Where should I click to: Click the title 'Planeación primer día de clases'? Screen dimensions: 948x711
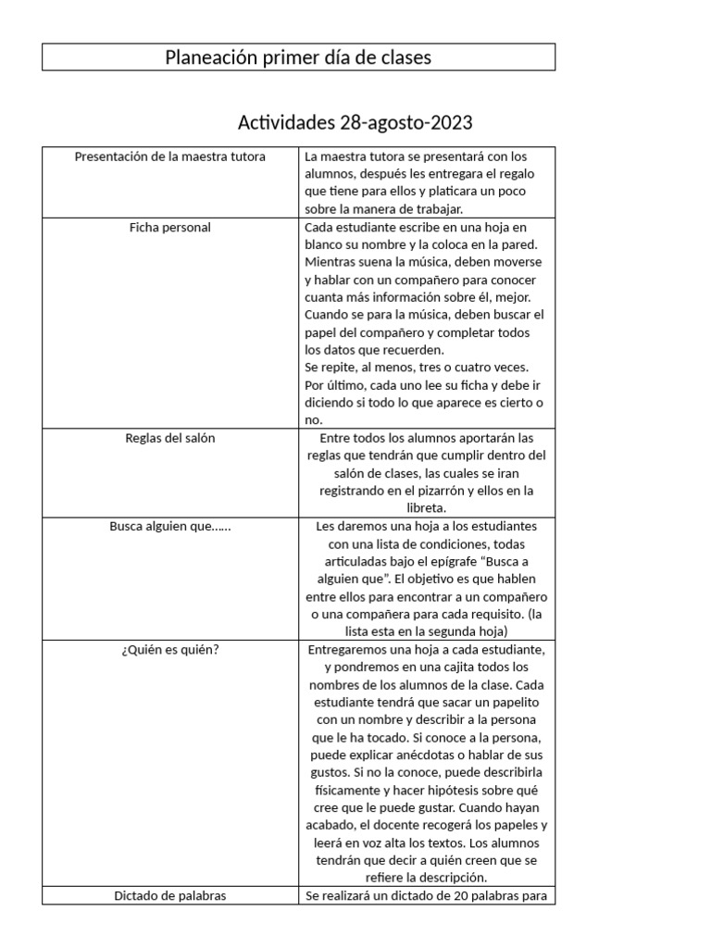tap(298, 57)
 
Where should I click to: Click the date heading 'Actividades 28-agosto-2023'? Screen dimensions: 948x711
tap(356, 122)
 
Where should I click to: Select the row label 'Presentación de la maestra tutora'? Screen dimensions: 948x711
tap(169, 156)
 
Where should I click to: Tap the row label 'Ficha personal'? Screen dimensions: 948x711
tap(169, 228)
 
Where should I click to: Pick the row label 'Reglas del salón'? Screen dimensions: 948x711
tap(169, 438)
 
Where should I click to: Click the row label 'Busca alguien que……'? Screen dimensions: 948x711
tap(169, 526)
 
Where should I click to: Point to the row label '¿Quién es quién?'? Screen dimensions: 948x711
tap(169, 649)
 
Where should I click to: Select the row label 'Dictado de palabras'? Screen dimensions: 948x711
tap(169, 895)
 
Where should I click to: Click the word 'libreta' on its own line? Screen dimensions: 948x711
tap(426, 508)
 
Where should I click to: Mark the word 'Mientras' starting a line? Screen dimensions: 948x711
tap(330, 262)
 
